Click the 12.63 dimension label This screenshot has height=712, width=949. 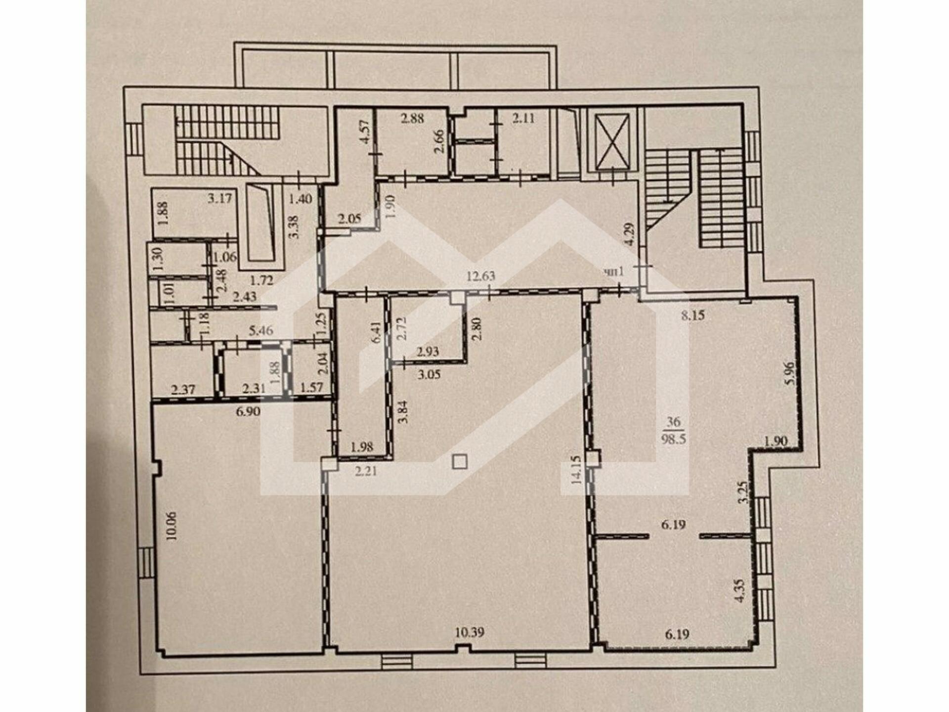pyautogui.click(x=481, y=276)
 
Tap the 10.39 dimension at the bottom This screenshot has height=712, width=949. pyautogui.click(x=470, y=632)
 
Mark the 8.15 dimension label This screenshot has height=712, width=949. pyautogui.click(x=692, y=315)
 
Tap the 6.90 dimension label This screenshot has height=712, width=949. pyautogui.click(x=248, y=411)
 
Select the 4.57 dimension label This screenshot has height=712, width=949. pyautogui.click(x=364, y=132)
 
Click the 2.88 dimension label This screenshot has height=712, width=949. pyautogui.click(x=412, y=119)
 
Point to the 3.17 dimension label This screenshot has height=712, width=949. pyautogui.click(x=220, y=199)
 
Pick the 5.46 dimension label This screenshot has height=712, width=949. pyautogui.click(x=261, y=330)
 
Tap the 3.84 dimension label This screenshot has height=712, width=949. pyautogui.click(x=404, y=412)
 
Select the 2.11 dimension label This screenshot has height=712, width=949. pyautogui.click(x=523, y=118)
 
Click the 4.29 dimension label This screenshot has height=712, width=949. pyautogui.click(x=628, y=234)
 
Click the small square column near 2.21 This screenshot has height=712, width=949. pyautogui.click(x=460, y=462)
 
